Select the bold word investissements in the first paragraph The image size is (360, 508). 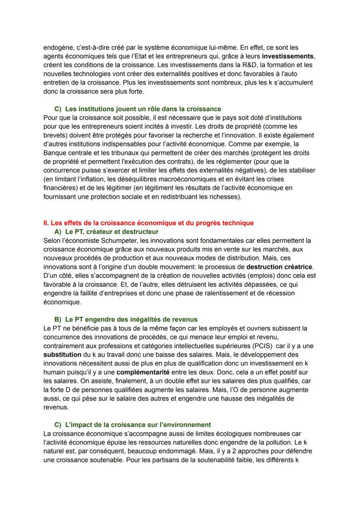[x=288, y=56]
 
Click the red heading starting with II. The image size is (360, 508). [x=148, y=223]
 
